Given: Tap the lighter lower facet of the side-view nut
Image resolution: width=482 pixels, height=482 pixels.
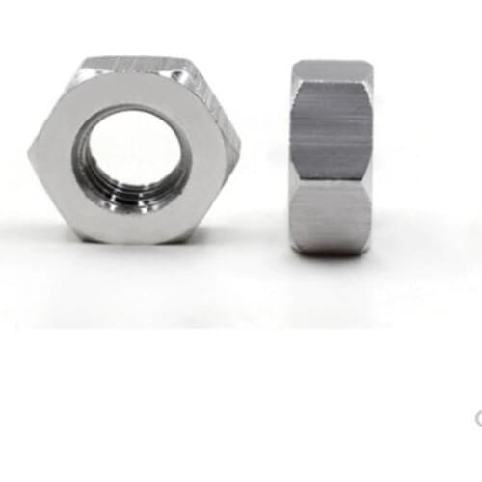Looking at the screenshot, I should pos(331,217).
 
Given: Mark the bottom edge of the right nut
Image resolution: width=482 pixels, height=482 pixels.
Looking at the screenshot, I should pos(331,254).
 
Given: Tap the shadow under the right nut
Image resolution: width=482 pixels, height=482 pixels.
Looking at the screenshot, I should pos(331,263).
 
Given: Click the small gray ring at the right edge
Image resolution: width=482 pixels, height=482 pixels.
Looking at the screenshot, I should pos(478,416).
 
